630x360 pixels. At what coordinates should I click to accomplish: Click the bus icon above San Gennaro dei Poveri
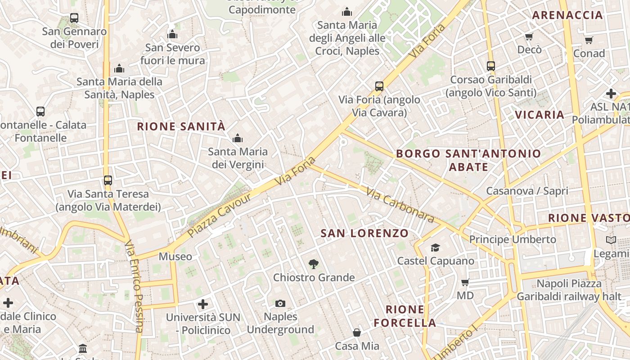74,18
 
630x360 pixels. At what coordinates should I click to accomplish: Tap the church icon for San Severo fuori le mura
172,35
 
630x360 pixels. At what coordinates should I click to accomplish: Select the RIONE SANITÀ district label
181,126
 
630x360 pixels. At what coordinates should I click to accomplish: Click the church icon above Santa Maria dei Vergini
237,138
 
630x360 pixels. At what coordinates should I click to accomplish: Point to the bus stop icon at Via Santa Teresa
108,180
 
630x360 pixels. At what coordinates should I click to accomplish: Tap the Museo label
175,256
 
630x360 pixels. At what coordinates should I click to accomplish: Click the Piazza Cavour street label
219,216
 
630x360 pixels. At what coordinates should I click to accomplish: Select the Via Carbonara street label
400,205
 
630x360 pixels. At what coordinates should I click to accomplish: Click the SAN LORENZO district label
364,233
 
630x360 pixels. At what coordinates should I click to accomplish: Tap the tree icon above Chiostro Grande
314,264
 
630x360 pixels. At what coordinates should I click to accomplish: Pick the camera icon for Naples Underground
280,303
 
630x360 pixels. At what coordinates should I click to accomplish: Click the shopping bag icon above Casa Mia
357,333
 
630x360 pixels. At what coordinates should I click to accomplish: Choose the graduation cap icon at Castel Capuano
435,247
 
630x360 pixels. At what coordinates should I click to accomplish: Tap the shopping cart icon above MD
465,282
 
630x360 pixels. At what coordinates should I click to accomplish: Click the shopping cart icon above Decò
529,36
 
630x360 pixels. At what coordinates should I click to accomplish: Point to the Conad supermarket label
589,54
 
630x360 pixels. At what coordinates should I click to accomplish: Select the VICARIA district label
540,115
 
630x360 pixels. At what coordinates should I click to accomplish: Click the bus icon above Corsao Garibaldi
491,66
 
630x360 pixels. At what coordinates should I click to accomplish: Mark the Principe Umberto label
513,239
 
